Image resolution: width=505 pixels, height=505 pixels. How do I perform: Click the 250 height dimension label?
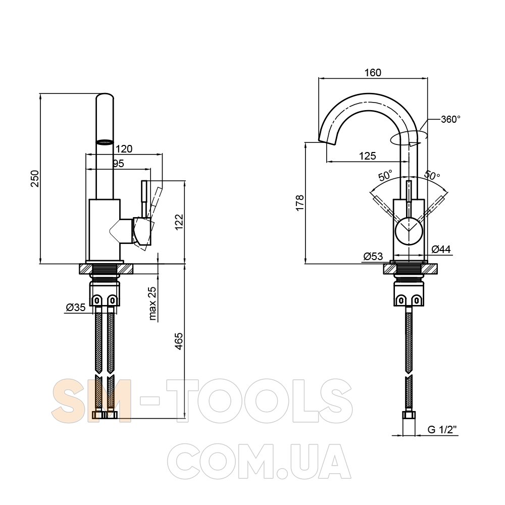click(x=35, y=179)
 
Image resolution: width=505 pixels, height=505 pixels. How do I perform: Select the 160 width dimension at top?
click(x=373, y=72)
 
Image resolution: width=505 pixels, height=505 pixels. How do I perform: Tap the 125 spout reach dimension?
click(x=368, y=156)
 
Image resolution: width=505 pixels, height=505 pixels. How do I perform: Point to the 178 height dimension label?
click(x=300, y=203)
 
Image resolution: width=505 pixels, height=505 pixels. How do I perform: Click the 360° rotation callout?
click(x=450, y=119)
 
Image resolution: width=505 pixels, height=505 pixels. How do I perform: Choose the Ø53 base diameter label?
click(x=373, y=257)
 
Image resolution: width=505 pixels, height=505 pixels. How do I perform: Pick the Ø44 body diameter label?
click(x=441, y=249)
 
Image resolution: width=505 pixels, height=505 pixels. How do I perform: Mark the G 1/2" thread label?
click(x=442, y=430)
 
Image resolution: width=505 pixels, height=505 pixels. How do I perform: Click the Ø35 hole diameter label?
click(x=76, y=308)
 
